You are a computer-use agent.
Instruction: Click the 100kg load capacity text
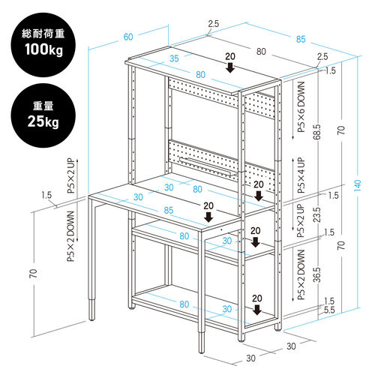[x=43, y=49]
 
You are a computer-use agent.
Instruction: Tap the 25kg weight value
[x=43, y=121]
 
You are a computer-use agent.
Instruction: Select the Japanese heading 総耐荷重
[x=43, y=34]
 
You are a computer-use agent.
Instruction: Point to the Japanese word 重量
[x=43, y=106]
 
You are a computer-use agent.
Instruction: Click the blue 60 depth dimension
[x=128, y=37]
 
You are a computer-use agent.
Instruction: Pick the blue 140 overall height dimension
[x=358, y=185]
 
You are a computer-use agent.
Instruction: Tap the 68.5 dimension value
[x=316, y=132]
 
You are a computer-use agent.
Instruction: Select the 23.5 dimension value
[x=316, y=214]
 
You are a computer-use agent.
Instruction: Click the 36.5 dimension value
[x=316, y=274]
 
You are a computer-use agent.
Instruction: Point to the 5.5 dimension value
[x=329, y=310]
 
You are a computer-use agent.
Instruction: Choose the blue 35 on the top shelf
[x=174, y=58]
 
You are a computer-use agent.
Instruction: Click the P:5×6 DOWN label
[x=301, y=107]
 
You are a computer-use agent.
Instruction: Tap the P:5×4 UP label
[x=301, y=175]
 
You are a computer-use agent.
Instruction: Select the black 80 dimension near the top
[x=261, y=52]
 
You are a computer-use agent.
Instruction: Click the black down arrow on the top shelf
[x=230, y=67]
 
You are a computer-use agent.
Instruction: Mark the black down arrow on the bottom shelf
[x=257, y=310]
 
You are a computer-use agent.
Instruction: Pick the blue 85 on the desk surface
[x=169, y=210]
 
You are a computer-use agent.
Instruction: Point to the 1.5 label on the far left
[x=46, y=195]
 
